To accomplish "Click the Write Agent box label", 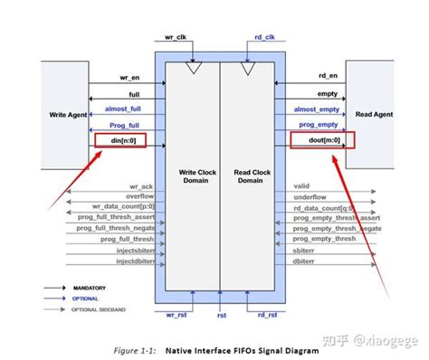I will click(x=63, y=115).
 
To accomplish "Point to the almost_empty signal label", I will click(x=314, y=109).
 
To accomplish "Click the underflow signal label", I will click(x=311, y=195).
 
